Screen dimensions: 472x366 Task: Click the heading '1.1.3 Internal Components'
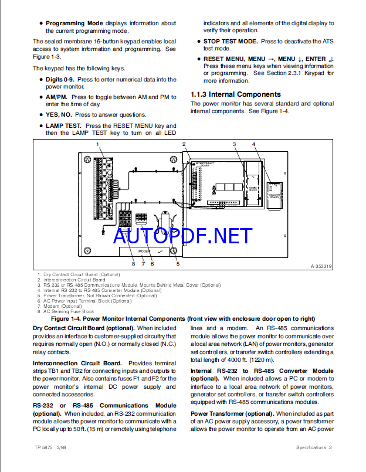pos(235,94)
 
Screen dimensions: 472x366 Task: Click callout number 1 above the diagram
pos(97,144)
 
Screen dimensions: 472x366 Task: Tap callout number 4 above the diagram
pos(253,144)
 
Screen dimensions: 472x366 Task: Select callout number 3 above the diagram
pos(233,144)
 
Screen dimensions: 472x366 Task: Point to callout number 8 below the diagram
pos(133,264)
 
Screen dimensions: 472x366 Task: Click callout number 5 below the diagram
pos(177,264)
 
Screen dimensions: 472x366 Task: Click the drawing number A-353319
pos(322,266)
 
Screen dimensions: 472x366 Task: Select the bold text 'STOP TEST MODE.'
pos(231,42)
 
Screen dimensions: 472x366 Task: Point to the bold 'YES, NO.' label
pos(59,115)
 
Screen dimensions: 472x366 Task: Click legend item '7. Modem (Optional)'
pos(58,306)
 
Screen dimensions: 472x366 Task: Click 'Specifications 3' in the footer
pos(313,448)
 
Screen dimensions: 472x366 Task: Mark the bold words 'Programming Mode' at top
pos(74,23)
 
